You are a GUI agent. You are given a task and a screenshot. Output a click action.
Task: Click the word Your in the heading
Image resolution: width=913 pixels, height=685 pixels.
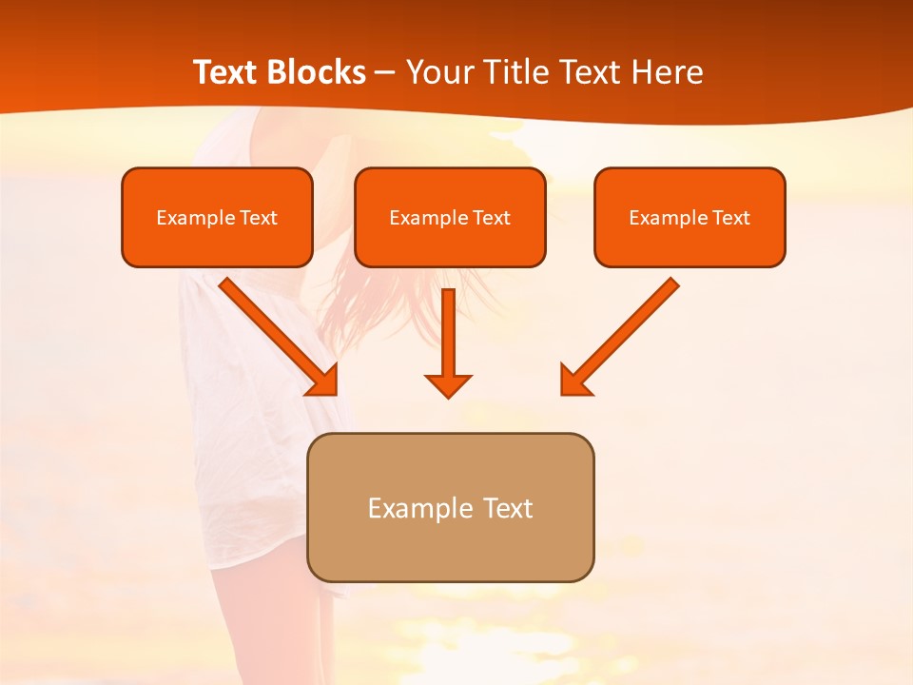pos(438,72)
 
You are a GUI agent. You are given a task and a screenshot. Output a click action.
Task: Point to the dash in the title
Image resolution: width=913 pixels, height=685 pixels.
pos(385,73)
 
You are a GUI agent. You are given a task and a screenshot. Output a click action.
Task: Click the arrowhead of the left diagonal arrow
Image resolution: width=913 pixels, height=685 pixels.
pos(323,381)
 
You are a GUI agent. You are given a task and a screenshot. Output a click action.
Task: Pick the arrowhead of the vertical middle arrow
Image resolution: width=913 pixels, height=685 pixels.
pos(448,385)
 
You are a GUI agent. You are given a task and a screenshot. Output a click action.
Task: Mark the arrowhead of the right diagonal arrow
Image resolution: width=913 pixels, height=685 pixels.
pos(574,381)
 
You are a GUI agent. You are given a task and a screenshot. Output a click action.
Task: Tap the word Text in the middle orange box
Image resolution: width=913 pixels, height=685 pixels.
pos(491,218)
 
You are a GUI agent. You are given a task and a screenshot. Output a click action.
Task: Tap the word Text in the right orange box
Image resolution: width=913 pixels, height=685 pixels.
pos(730,218)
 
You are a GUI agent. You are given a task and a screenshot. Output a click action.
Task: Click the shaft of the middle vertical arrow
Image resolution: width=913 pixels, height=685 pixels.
pos(448,328)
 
